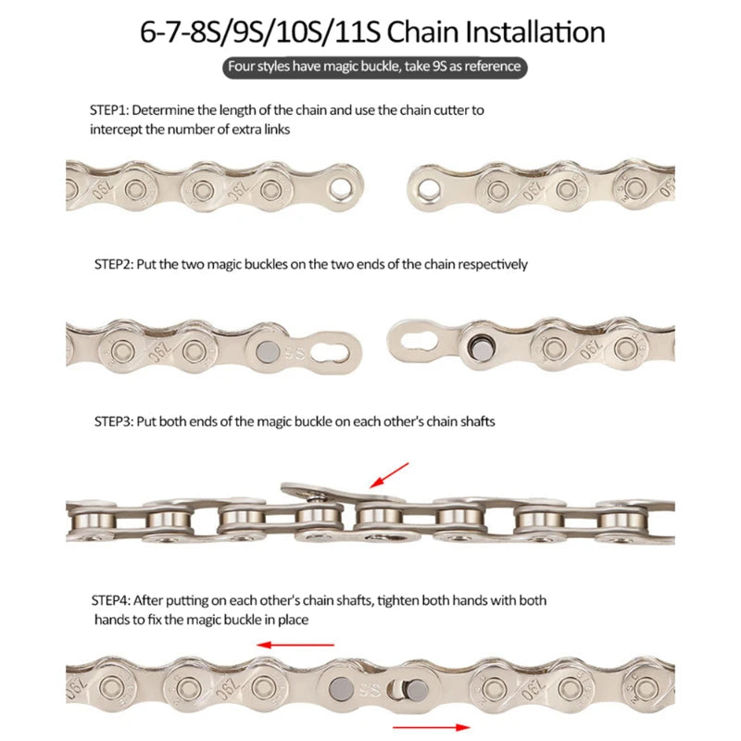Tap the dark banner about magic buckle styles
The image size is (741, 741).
[374, 68]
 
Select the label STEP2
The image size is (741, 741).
[114, 264]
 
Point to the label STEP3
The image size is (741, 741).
[114, 421]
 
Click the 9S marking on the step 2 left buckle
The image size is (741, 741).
[295, 352]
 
